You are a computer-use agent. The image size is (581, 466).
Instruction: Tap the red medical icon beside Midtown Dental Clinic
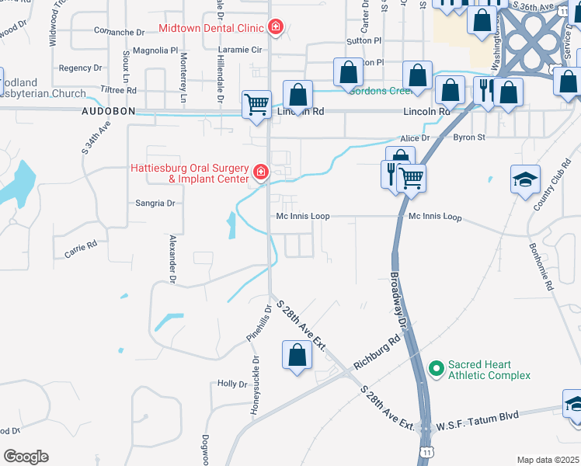pyautogui.click(x=275, y=29)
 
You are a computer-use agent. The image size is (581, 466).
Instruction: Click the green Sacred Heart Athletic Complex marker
pyautogui.click(x=437, y=366)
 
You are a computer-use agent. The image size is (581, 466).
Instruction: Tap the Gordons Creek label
pyautogui.click(x=380, y=91)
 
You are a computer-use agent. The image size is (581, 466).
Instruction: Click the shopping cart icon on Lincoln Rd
pyautogui.click(x=256, y=104)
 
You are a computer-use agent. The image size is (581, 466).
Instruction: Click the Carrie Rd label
pyautogui.click(x=81, y=249)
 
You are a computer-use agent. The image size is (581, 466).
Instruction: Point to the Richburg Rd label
pyautogui.click(x=377, y=352)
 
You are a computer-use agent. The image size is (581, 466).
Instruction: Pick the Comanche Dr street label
pyautogui.click(x=120, y=33)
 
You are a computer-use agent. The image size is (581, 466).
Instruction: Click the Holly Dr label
pyautogui.click(x=231, y=384)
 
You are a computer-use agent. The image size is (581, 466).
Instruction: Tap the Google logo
pyautogui.click(x=26, y=457)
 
